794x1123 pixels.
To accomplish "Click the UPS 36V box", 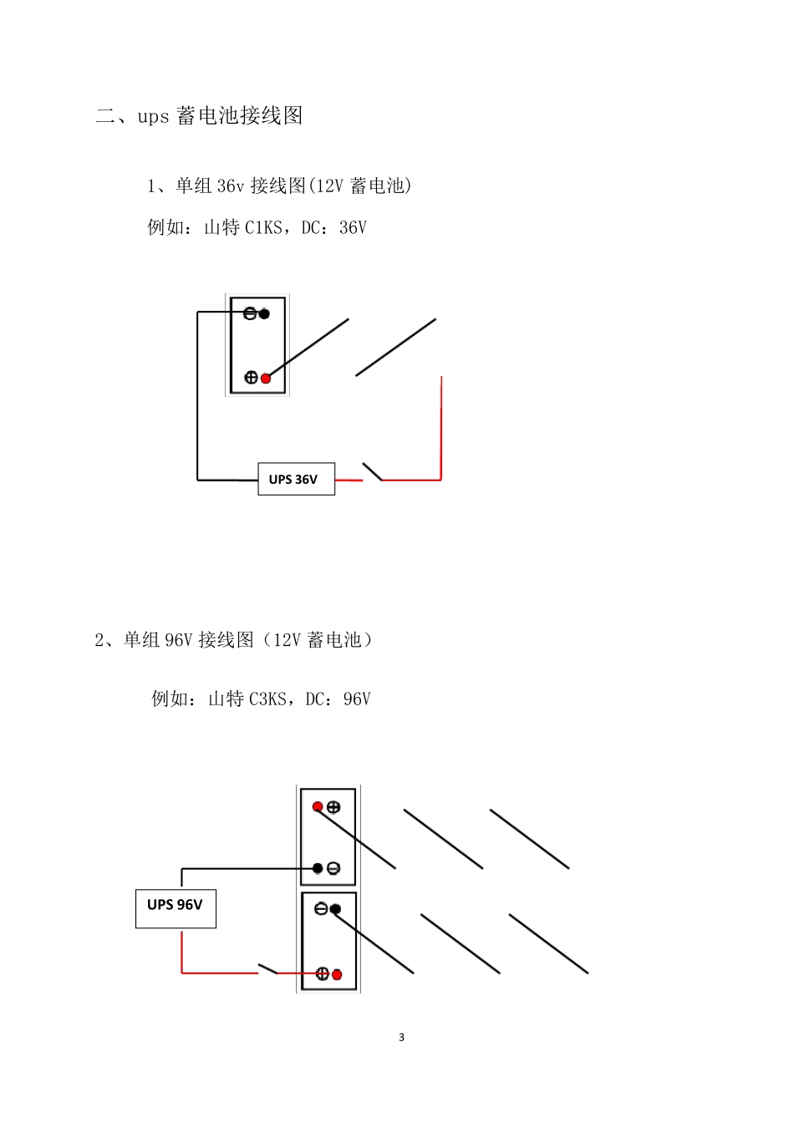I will (296, 479).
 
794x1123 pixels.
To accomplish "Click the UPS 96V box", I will (176, 908).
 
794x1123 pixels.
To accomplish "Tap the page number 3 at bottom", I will (401, 1038).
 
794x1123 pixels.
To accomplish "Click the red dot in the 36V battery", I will (266, 379).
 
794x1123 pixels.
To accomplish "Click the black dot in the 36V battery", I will (264, 314).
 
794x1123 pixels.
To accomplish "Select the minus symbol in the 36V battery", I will (250, 314).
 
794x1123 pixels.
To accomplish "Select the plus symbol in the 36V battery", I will (251, 378).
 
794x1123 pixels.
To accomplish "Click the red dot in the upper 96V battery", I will (318, 806).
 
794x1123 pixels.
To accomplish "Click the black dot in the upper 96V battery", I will (318, 869).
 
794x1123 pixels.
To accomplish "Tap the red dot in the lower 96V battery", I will (337, 974).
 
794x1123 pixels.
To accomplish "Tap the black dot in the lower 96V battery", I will (335, 909).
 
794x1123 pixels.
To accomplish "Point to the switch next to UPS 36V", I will (372, 472).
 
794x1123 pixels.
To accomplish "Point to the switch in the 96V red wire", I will (267, 969).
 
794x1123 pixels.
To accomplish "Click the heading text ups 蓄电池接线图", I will (220, 115).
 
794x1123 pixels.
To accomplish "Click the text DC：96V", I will (338, 699).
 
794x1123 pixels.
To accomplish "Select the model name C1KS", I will (263, 227).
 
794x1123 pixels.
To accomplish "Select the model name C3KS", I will (267, 699).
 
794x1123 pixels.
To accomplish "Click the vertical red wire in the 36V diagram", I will (440, 428).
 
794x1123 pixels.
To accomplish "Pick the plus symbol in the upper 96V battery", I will (333, 807).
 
